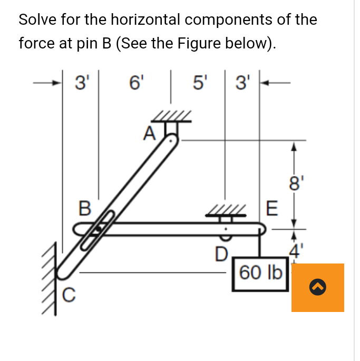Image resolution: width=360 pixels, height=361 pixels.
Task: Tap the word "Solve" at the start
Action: click(x=37, y=20)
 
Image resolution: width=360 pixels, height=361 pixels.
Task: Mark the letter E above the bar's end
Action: click(x=271, y=209)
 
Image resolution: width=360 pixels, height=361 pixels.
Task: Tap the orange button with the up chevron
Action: click(x=317, y=287)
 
